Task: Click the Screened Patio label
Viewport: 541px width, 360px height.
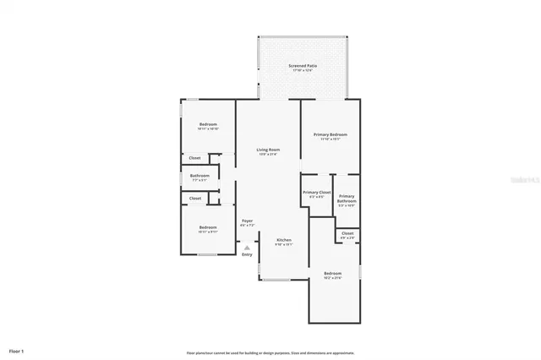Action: coord(302,66)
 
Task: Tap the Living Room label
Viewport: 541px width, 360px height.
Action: coord(268,150)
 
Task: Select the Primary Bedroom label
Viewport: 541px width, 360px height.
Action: coord(331,134)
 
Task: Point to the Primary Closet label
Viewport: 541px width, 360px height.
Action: coord(316,193)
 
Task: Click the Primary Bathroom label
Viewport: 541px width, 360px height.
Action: coord(347,199)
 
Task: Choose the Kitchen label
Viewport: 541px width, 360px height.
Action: coord(285,240)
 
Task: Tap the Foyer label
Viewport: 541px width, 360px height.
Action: coord(247,221)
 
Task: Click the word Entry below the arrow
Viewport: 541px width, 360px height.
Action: coord(247,254)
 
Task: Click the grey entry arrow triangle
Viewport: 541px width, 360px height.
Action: coord(247,247)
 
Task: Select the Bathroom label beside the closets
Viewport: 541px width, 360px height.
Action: coord(199,176)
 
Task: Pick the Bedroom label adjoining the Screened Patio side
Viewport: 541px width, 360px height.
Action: coord(208,125)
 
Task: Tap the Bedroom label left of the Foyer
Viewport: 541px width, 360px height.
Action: coord(208,226)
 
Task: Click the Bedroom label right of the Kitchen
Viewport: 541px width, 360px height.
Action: coord(332,273)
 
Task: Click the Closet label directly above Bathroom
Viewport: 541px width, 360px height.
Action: coord(194,158)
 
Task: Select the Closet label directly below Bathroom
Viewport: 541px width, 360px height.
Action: coord(194,199)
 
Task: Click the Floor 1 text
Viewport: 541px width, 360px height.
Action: coord(17,350)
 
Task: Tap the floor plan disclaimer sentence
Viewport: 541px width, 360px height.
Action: coord(270,352)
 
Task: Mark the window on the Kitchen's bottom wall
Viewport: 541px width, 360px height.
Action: coord(283,279)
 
